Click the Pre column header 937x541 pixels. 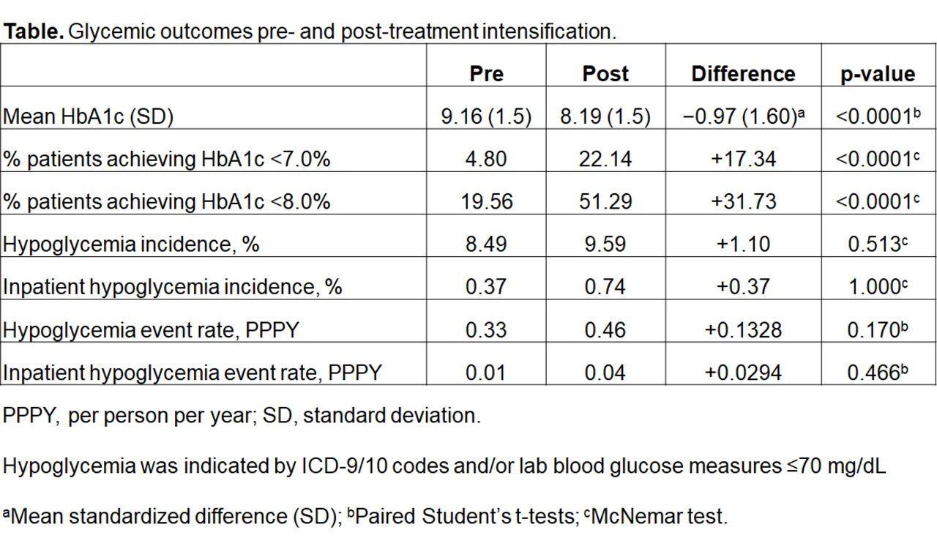click(x=486, y=74)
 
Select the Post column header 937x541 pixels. click(x=605, y=74)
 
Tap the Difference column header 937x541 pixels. click(x=743, y=74)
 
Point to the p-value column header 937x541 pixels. click(x=878, y=74)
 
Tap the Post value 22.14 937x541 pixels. click(x=605, y=159)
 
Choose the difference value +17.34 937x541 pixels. click(x=743, y=159)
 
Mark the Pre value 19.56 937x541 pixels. click(x=486, y=201)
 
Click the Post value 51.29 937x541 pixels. click(x=605, y=201)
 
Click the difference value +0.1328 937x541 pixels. click(x=743, y=330)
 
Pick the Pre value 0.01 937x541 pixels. click(x=486, y=373)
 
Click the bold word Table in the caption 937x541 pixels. click(x=33, y=32)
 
